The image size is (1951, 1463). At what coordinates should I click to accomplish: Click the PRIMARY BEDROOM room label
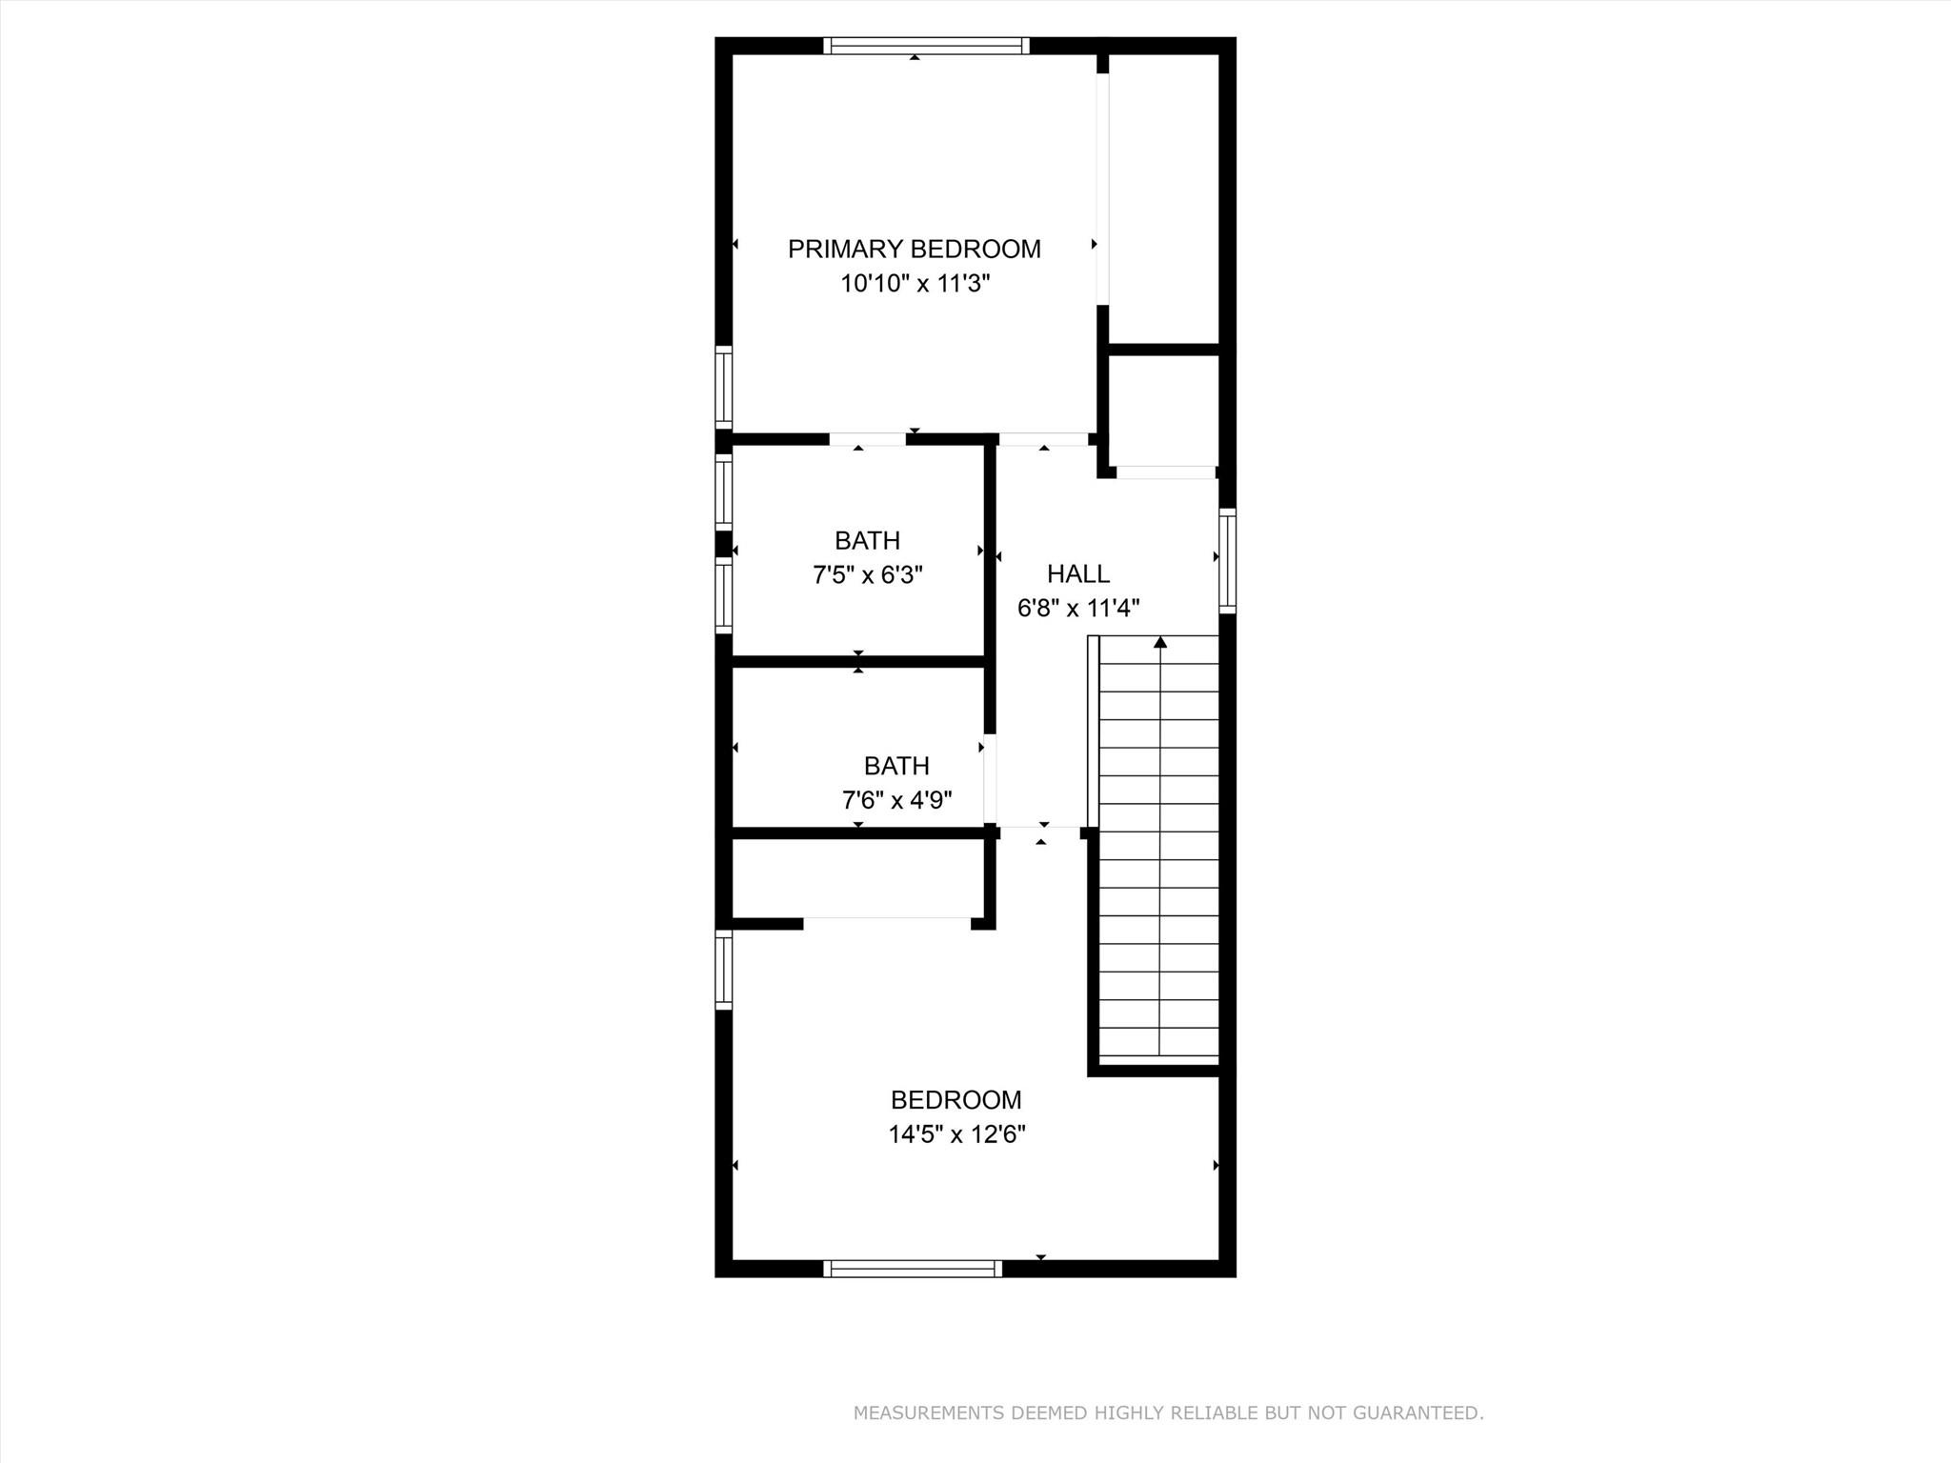[x=914, y=250]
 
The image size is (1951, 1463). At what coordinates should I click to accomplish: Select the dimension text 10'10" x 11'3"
[x=915, y=284]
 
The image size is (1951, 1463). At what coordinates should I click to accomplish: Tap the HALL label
[x=1077, y=574]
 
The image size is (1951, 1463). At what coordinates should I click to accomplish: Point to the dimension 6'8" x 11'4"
[x=1078, y=609]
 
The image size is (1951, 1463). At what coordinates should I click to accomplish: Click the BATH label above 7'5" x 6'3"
[x=867, y=541]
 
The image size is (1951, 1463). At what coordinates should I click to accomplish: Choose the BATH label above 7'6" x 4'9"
[x=896, y=766]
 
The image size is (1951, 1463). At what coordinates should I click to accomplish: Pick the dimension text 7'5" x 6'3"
[x=867, y=575]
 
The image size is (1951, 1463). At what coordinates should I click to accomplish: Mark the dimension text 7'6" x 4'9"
[x=896, y=800]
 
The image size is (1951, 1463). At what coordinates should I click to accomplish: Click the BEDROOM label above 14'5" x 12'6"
[x=955, y=1100]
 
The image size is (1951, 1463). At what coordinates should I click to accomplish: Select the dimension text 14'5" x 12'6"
[x=956, y=1134]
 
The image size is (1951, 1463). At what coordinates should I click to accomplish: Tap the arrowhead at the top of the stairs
[x=1160, y=643]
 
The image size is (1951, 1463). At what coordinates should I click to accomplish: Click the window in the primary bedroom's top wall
[x=926, y=46]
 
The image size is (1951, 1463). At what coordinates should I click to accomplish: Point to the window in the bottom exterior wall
[x=913, y=1269]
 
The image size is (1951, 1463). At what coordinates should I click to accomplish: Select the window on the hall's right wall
[x=1228, y=560]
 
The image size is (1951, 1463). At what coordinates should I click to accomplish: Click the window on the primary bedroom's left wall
[x=724, y=387]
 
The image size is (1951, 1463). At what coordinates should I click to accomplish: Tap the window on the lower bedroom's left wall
[x=724, y=971]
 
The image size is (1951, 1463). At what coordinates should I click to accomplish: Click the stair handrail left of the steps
[x=1093, y=731]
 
